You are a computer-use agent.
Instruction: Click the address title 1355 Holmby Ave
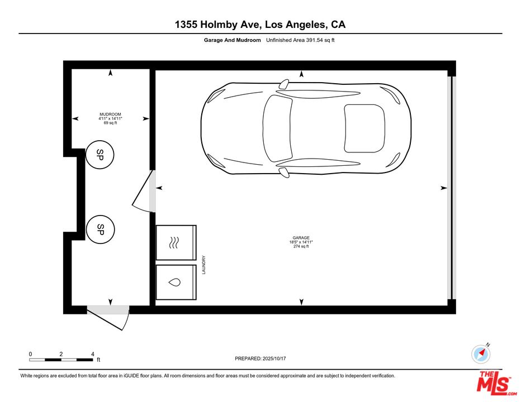pyautogui.click(x=219, y=25)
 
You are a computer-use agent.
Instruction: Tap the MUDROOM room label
pyautogui.click(x=110, y=114)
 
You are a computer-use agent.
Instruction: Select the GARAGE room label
pyautogui.click(x=301, y=238)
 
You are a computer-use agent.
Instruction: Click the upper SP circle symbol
pyautogui.click(x=100, y=155)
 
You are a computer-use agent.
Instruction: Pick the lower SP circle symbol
pyautogui.click(x=101, y=229)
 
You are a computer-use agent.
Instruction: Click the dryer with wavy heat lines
pyautogui.click(x=176, y=243)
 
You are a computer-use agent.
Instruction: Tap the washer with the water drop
pyautogui.click(x=176, y=282)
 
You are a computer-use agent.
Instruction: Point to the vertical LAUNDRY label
pyautogui.click(x=204, y=265)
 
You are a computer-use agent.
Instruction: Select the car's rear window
pyautogui.click(x=364, y=128)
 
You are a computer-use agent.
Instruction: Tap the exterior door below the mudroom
pyautogui.click(x=108, y=318)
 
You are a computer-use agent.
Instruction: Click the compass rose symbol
pyautogui.click(x=481, y=354)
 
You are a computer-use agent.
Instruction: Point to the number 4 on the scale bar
pyautogui.click(x=93, y=354)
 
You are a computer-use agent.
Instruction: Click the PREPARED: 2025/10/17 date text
pyautogui.click(x=260, y=358)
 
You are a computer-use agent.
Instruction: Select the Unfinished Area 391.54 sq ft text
pyautogui.click(x=300, y=40)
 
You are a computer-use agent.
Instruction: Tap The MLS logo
pyautogui.click(x=494, y=384)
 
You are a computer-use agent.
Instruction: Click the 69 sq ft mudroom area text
pyautogui.click(x=110, y=123)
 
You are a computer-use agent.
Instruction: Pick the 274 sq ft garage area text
pyautogui.click(x=301, y=246)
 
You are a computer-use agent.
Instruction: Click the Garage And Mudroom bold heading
pyautogui.click(x=232, y=40)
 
